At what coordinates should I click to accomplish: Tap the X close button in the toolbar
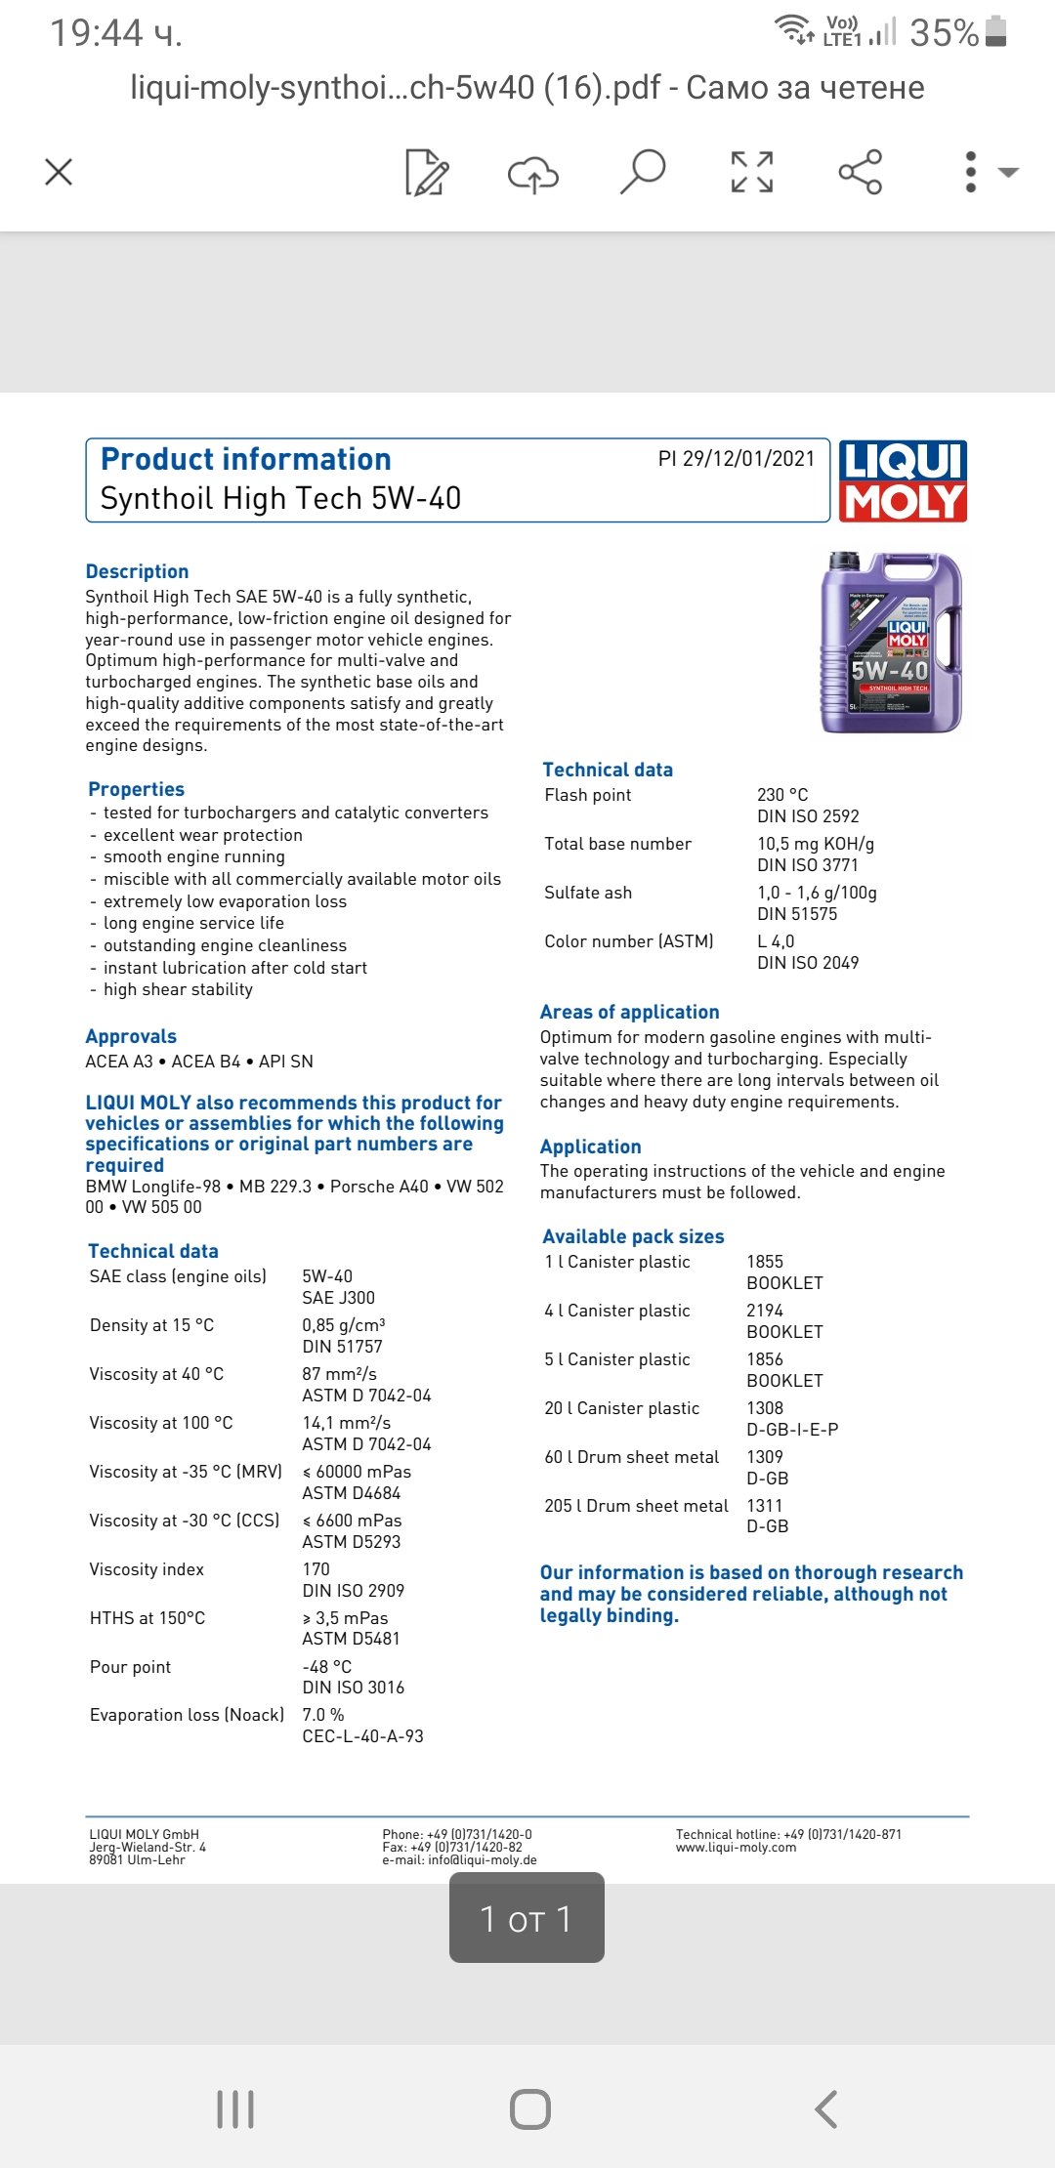59,173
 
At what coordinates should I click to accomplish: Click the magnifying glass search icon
643,172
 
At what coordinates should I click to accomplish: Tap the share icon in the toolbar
860,172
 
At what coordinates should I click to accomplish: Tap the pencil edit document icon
427,173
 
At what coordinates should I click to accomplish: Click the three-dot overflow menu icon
970,172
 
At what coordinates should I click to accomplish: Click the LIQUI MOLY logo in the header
903,480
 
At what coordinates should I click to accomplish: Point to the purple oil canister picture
891,643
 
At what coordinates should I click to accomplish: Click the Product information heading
246,459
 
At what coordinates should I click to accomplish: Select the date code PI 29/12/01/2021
736,459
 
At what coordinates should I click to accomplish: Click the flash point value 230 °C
782,795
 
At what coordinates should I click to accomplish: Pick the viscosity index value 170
316,1569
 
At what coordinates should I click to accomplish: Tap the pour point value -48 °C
326,1667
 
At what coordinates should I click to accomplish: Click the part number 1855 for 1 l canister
765,1262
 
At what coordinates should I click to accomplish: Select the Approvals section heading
131,1036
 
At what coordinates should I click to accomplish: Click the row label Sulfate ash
588,893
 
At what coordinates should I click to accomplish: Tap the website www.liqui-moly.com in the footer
736,1848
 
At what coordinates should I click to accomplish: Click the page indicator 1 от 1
527,1919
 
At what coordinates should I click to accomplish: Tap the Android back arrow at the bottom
826,2109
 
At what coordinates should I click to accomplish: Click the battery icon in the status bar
995,31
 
